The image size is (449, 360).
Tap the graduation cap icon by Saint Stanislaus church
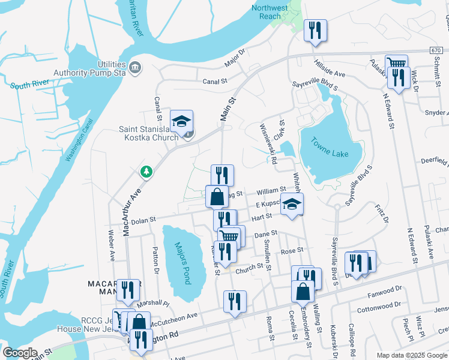181,121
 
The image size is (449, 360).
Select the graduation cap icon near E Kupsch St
292,204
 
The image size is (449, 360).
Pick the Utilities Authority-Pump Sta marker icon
136,67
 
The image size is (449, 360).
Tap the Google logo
20,353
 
